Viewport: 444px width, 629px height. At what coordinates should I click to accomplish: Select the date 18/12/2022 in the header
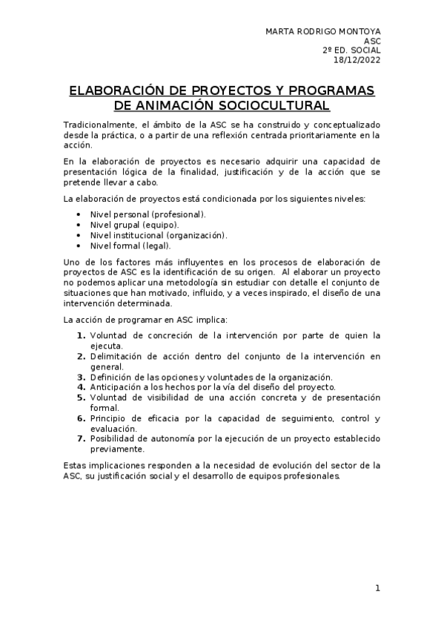pyautogui.click(x=359, y=60)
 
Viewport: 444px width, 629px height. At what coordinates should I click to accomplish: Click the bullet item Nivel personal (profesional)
pyautogui.click(x=148, y=214)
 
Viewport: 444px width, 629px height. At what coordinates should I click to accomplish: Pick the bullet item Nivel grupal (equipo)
pyautogui.click(x=134, y=225)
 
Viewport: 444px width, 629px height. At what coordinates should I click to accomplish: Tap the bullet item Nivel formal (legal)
pyautogui.click(x=130, y=246)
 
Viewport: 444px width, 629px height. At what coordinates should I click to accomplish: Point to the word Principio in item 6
pyautogui.click(x=110, y=418)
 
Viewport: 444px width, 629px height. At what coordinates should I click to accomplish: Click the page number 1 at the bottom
pyautogui.click(x=377, y=588)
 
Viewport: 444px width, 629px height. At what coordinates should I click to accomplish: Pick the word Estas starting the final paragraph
pyautogui.click(x=75, y=466)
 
